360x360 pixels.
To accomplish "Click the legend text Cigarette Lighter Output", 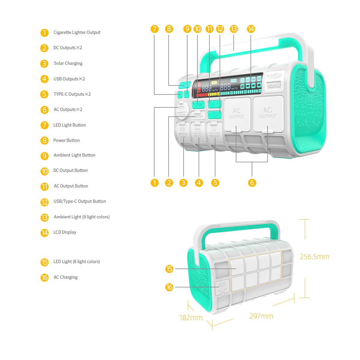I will [77, 32].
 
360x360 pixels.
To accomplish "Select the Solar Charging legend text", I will [68, 63].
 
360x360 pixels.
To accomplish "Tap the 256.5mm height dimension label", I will [314, 257].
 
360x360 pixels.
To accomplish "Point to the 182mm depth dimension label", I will [191, 317].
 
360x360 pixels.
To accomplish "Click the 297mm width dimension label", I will [261, 316].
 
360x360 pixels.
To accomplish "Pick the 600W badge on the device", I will [274, 85].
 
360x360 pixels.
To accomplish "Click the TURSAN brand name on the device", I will [274, 77].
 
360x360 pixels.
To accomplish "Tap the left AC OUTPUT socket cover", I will [237, 114].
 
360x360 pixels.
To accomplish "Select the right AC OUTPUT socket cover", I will [268, 113].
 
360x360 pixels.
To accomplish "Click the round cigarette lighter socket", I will [181, 109].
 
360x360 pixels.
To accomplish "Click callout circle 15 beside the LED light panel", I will [169, 269].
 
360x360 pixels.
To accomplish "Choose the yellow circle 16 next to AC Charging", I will [44, 277].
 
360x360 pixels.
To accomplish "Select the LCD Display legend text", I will [65, 232].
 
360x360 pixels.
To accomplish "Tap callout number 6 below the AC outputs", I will [252, 183].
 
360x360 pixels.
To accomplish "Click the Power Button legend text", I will [66, 140].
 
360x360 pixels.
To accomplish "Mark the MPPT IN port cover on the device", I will [182, 132].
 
